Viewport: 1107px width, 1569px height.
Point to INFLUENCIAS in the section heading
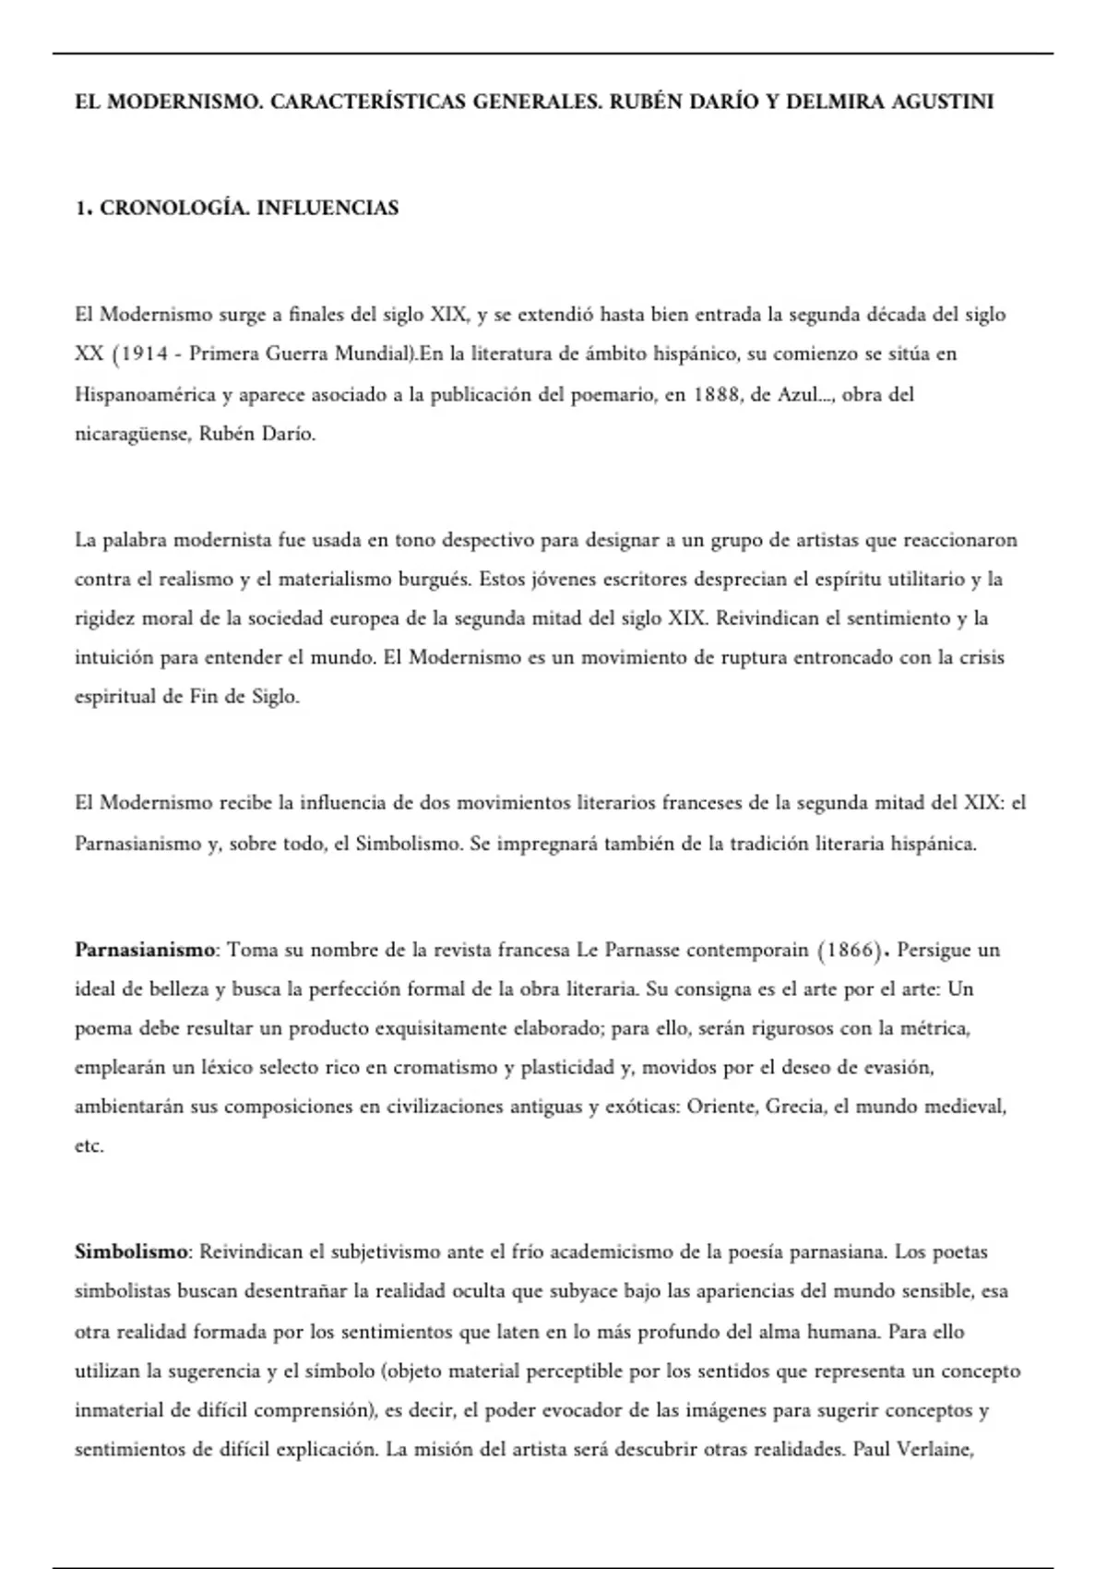[327, 209]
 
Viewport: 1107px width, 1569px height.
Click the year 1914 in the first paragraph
[144, 353]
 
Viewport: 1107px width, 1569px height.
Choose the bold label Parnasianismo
[145, 950]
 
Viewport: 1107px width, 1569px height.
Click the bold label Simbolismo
[131, 1252]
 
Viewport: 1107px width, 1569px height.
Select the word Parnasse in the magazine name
[641, 950]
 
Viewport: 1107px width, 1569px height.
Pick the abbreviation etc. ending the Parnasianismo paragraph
[89, 1146]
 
